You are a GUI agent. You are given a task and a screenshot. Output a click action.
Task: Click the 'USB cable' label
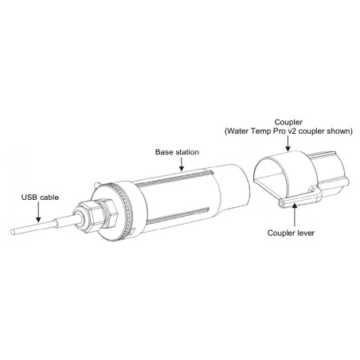tap(40, 198)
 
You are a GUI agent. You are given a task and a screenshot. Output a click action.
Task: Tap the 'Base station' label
tap(177, 152)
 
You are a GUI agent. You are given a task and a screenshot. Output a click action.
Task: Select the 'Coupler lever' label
tap(291, 233)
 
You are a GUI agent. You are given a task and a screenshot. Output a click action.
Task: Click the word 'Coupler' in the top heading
tap(288, 123)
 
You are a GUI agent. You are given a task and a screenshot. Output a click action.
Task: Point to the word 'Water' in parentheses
tap(237, 131)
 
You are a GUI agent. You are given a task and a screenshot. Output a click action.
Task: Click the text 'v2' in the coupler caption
tap(292, 131)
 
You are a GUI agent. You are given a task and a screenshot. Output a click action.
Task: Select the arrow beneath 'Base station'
tap(182, 164)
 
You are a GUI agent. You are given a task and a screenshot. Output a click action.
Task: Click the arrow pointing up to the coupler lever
tap(294, 214)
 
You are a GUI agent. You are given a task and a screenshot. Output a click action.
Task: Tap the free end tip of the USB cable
tap(12, 232)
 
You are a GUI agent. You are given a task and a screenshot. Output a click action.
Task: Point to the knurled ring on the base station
tap(126, 209)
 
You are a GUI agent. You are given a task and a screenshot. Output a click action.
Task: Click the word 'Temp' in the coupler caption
tap(261, 131)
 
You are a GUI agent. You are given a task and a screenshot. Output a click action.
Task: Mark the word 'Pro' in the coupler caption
tap(280, 131)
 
